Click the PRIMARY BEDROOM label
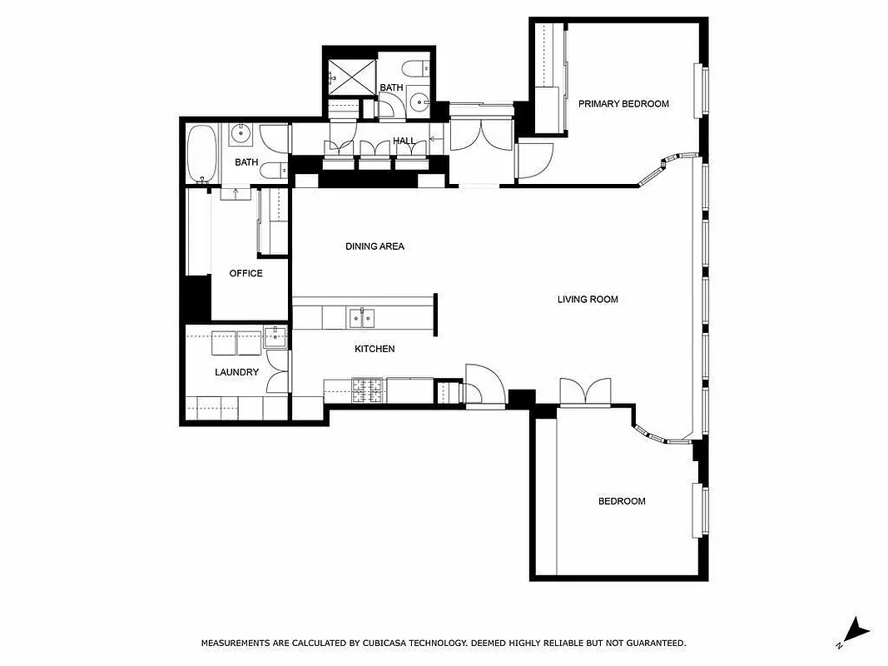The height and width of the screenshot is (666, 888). point(623,103)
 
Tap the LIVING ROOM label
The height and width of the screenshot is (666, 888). point(588,299)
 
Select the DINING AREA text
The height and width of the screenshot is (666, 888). point(375,246)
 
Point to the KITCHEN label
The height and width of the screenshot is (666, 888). point(375,349)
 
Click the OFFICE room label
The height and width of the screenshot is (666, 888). point(246,273)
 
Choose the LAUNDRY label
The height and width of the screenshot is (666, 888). point(236,372)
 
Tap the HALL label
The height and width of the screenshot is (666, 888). point(404,142)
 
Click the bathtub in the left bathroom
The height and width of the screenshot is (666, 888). point(201,153)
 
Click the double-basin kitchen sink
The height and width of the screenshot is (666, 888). point(362,317)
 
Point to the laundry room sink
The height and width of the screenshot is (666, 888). point(275,337)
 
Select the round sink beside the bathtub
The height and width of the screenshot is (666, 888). point(241,132)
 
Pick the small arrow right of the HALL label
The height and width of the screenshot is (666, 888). point(434,141)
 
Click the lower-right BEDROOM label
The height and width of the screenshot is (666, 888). point(622,501)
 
